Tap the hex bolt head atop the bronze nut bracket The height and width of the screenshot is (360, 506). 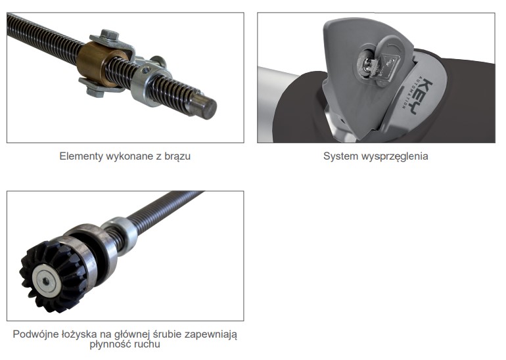(x=109, y=35)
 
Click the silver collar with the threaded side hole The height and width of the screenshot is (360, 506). (x=147, y=83)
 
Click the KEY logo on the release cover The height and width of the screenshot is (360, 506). (x=423, y=96)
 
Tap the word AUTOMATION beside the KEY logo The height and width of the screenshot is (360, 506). (x=408, y=93)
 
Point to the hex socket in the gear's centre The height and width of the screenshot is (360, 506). (x=46, y=282)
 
